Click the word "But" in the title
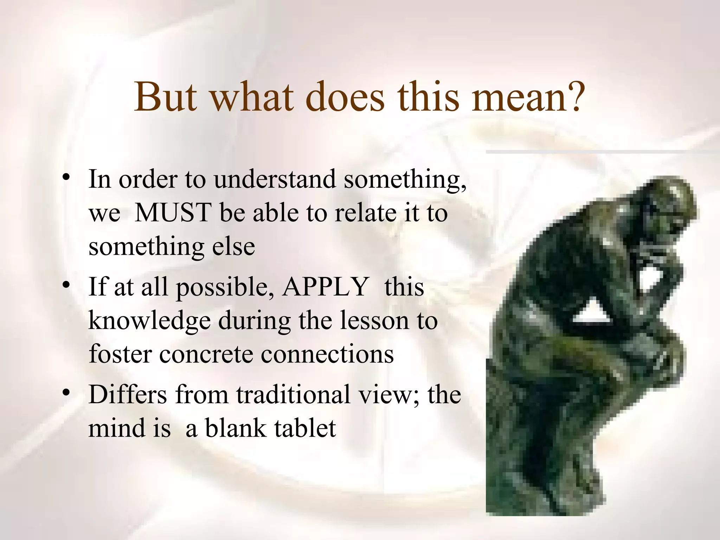[165, 97]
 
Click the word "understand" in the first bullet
[275, 179]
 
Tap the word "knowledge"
[149, 321]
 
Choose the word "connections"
[327, 354]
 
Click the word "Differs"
[128, 394]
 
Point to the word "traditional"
[293, 394]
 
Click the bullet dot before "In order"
[65, 178]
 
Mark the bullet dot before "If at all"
[65, 286]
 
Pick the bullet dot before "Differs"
[65, 393]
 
